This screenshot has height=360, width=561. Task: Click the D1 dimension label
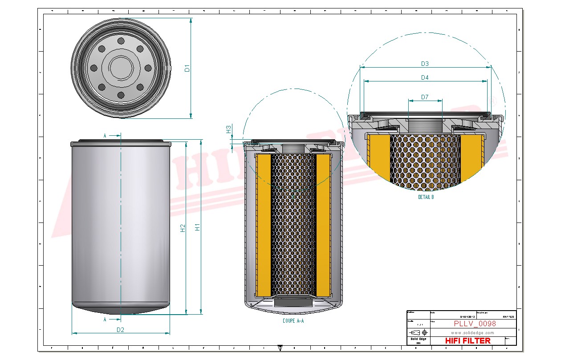point(187,68)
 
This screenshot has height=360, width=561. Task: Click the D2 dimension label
point(120,330)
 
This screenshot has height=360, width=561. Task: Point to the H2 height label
point(183,228)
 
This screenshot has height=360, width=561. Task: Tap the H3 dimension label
point(228,129)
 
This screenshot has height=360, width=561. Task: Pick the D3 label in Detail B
point(425,64)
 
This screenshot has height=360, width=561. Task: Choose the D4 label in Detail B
point(425,77)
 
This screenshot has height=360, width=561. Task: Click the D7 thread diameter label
point(425,97)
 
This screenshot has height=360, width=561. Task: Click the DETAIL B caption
point(426,197)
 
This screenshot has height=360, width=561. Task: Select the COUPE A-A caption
point(293,320)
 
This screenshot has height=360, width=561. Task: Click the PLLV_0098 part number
point(475,324)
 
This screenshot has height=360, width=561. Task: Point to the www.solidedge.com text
point(472,332)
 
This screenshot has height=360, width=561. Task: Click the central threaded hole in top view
point(121,68)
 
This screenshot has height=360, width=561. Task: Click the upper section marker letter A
point(105,135)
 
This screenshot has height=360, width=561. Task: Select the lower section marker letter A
point(105,320)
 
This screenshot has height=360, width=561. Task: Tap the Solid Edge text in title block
point(418,339)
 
